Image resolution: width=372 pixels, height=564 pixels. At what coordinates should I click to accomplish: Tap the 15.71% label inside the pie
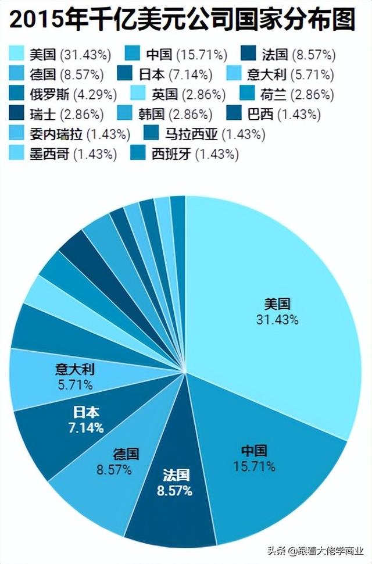254,466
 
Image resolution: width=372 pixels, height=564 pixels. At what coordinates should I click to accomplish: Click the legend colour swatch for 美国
17,55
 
